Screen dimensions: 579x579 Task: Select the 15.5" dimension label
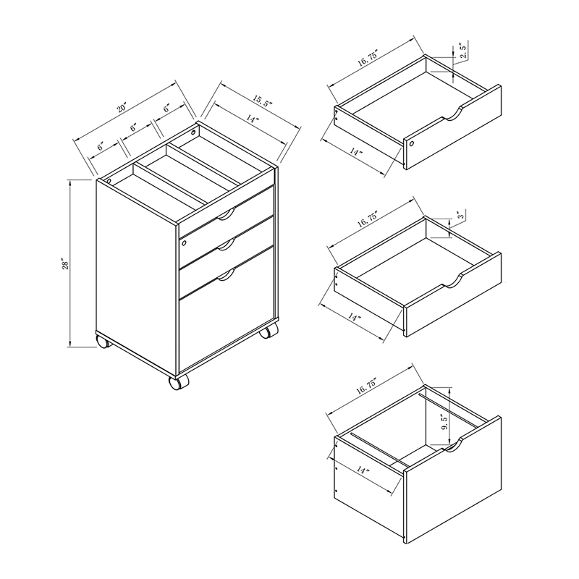coord(263,101)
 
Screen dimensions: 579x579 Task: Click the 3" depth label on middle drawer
coord(460,215)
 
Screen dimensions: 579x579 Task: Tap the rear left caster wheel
coord(103,341)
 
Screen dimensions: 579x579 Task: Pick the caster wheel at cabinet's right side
coord(269,331)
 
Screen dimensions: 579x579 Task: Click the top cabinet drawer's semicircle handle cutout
coord(226,216)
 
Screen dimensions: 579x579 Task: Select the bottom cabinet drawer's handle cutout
coord(226,276)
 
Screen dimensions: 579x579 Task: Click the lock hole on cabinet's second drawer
coord(184,243)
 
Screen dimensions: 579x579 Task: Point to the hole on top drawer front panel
coord(412,143)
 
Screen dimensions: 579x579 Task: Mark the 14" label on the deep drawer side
coord(364,470)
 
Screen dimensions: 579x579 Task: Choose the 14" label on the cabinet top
coord(253,119)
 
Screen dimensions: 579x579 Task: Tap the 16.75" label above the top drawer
coord(368,59)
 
